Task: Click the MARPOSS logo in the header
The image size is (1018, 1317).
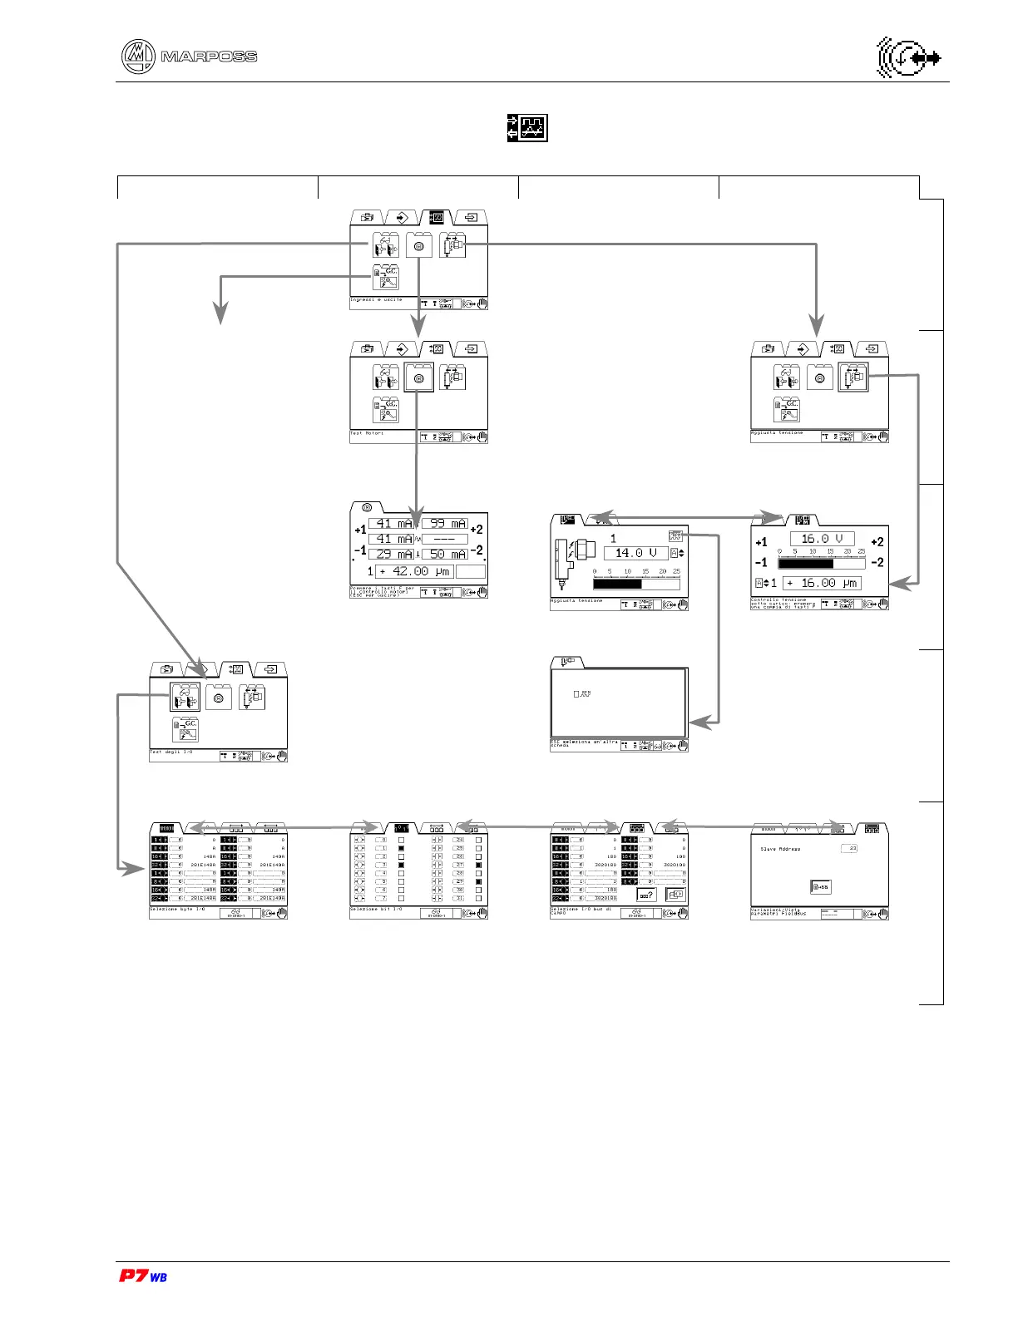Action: [x=190, y=57]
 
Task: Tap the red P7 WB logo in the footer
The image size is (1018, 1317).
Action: [x=143, y=1275]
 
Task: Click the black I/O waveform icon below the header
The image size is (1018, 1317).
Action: [x=527, y=128]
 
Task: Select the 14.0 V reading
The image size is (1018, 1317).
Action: [x=635, y=553]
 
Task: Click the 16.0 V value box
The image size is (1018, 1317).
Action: [x=822, y=539]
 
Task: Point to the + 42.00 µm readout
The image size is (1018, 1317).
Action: [x=414, y=571]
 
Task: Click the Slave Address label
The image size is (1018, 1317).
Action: [x=780, y=849]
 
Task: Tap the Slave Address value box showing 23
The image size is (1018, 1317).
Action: [x=849, y=848]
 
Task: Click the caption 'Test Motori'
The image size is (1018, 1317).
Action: [x=367, y=433]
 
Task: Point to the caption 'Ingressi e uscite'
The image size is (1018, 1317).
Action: [x=376, y=299]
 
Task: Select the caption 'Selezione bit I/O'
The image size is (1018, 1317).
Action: [x=376, y=910]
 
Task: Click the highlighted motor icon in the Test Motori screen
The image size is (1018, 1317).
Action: [x=418, y=378]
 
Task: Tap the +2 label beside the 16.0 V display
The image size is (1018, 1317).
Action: [x=877, y=542]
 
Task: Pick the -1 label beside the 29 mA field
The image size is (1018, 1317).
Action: [x=359, y=550]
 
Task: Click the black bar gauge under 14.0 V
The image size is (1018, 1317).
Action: [x=617, y=585]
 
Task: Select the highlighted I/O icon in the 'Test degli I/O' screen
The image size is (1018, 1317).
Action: [x=185, y=697]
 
